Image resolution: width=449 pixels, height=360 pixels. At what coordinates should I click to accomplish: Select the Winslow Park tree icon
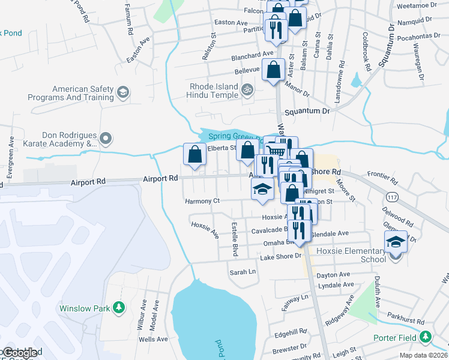pos(119,308)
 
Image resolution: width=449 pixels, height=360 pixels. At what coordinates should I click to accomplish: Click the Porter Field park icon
pos(426,337)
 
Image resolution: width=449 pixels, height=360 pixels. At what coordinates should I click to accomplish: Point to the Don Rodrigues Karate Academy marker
pos(106,139)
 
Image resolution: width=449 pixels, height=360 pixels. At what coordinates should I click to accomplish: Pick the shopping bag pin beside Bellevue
pos(274,69)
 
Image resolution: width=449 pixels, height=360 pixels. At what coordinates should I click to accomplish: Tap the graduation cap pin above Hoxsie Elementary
pos(396,241)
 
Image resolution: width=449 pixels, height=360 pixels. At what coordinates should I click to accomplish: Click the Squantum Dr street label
pos(307,112)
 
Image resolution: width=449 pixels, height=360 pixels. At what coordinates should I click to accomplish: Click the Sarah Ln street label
pos(243,272)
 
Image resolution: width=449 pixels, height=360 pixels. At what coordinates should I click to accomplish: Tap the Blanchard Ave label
pos(253,55)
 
